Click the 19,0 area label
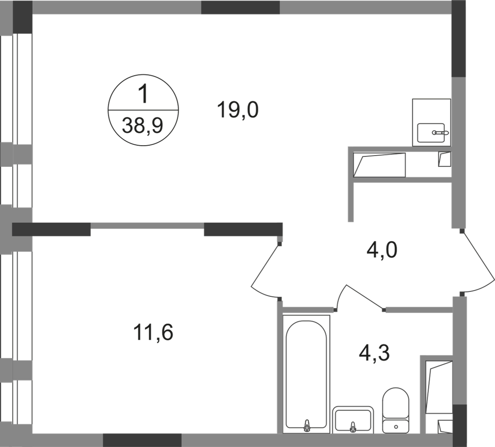237,110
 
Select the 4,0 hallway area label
381,253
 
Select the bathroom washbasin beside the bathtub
353,418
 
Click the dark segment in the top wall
240,8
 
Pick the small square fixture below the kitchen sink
444,159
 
